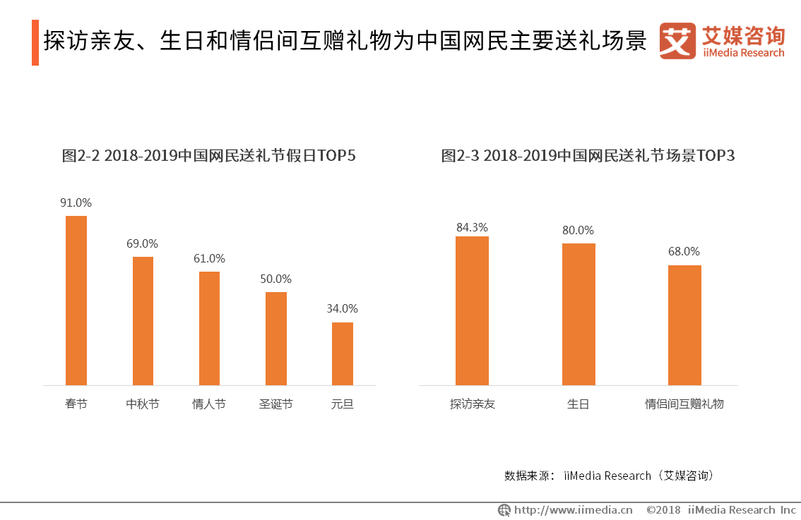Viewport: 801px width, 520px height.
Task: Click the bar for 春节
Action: (x=76, y=301)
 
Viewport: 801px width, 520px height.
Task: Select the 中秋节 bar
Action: (x=143, y=321)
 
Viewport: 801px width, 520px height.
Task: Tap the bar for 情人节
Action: (x=210, y=328)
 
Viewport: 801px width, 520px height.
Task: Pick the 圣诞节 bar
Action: (x=276, y=339)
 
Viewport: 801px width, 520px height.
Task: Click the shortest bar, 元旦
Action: (x=343, y=353)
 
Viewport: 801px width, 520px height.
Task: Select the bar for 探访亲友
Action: (x=472, y=310)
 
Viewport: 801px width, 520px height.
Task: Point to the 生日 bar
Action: (x=578, y=315)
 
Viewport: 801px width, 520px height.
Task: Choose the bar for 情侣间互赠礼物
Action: (x=684, y=325)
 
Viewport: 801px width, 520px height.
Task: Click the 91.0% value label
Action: (x=76, y=202)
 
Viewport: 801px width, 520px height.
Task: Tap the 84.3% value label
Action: (x=472, y=227)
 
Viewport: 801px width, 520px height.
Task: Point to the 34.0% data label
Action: (x=343, y=308)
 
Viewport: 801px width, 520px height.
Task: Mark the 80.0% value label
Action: (x=578, y=230)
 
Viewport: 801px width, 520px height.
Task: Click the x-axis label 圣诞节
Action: (x=276, y=404)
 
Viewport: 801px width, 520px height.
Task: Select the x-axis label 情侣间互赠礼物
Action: (x=684, y=404)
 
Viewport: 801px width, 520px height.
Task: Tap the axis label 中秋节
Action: (x=143, y=404)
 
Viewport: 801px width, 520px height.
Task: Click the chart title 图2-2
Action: (x=208, y=155)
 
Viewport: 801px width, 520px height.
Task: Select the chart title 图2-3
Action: (x=588, y=155)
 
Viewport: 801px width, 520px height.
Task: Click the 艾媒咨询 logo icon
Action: (x=677, y=41)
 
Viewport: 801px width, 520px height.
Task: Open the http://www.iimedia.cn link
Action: (x=573, y=510)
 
